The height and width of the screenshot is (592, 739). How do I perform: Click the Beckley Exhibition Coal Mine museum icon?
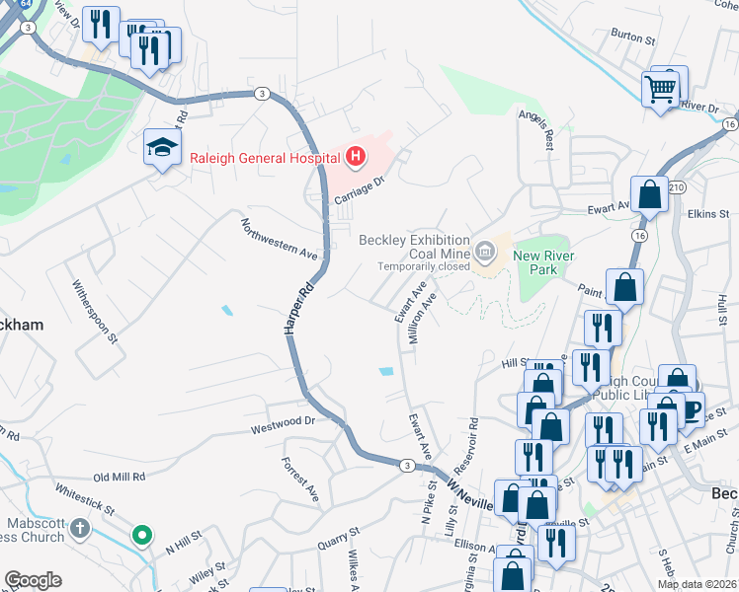(484, 252)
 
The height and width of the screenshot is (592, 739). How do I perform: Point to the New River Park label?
(542, 262)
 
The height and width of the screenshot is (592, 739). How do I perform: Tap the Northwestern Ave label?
(280, 237)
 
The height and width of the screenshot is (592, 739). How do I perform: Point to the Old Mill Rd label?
(119, 477)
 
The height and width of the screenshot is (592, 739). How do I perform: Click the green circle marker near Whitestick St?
(142, 536)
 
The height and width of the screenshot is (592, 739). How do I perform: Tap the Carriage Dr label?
(357, 190)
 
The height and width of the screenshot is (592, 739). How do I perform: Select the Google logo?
(34, 580)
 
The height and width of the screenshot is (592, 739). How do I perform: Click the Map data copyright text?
(696, 584)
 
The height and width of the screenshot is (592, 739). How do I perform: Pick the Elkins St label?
(708, 213)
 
